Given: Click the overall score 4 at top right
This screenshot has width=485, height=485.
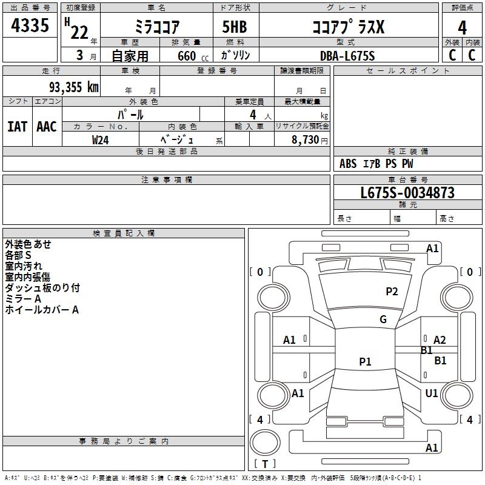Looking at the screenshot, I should pyautogui.click(x=462, y=27).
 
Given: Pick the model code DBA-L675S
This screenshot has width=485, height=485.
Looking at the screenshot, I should pyautogui.click(x=347, y=56).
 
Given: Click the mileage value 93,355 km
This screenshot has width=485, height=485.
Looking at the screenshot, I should pyautogui.click(x=73, y=87).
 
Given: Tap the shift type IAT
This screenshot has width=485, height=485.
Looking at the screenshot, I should pyautogui.click(x=17, y=126).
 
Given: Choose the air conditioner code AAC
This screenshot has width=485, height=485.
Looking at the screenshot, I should pyautogui.click(x=47, y=126).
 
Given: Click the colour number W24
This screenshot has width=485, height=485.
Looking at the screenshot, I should pyautogui.click(x=101, y=139).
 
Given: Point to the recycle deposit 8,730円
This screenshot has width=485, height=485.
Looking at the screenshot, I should pyautogui.click(x=310, y=139).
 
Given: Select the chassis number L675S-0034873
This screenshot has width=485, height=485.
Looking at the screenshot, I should pyautogui.click(x=407, y=193).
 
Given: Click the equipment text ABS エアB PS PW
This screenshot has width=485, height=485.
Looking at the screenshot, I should pyautogui.click(x=377, y=164).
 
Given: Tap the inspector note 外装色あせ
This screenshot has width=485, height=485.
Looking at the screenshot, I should pyautogui.click(x=28, y=244).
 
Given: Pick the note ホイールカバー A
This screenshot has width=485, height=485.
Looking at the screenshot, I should pyautogui.click(x=42, y=310).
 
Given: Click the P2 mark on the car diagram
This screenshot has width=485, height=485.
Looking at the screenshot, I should pyautogui.click(x=392, y=292).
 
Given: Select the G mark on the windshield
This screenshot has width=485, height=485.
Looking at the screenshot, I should pyautogui.click(x=383, y=319).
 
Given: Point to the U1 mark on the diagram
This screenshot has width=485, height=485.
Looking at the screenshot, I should pyautogui.click(x=432, y=393).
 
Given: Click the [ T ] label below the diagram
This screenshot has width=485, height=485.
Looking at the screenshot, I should pyautogui.click(x=264, y=464).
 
